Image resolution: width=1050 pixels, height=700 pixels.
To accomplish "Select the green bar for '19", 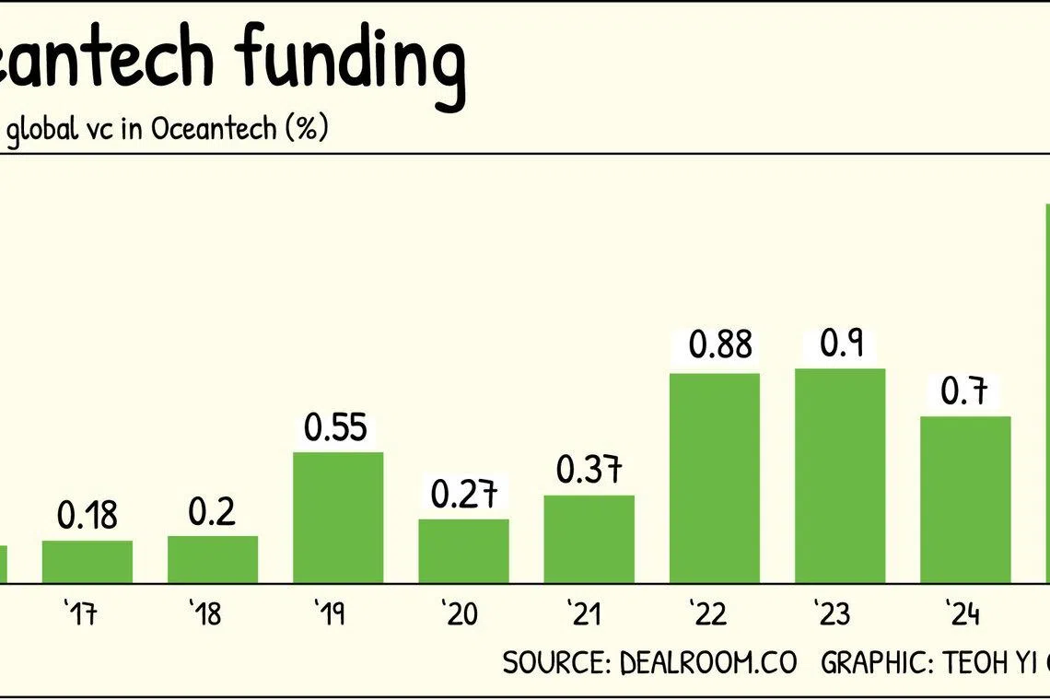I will [x=338, y=518].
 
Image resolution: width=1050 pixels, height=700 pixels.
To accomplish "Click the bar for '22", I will [x=715, y=478].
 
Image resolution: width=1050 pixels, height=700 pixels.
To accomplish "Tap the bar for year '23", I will [x=840, y=476].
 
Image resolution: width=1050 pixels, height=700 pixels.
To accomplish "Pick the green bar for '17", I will [x=87, y=562].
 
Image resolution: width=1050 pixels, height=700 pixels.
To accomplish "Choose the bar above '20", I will [x=463, y=551].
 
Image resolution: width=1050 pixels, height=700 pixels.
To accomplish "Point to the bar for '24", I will [x=965, y=499].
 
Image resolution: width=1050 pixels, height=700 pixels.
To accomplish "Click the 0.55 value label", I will [x=337, y=428].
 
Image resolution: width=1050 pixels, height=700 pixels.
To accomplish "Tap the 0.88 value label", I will [x=721, y=344].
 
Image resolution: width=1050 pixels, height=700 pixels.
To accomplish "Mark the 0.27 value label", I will [x=469, y=495].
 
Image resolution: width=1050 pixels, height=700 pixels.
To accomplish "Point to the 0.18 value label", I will [x=87, y=516].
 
